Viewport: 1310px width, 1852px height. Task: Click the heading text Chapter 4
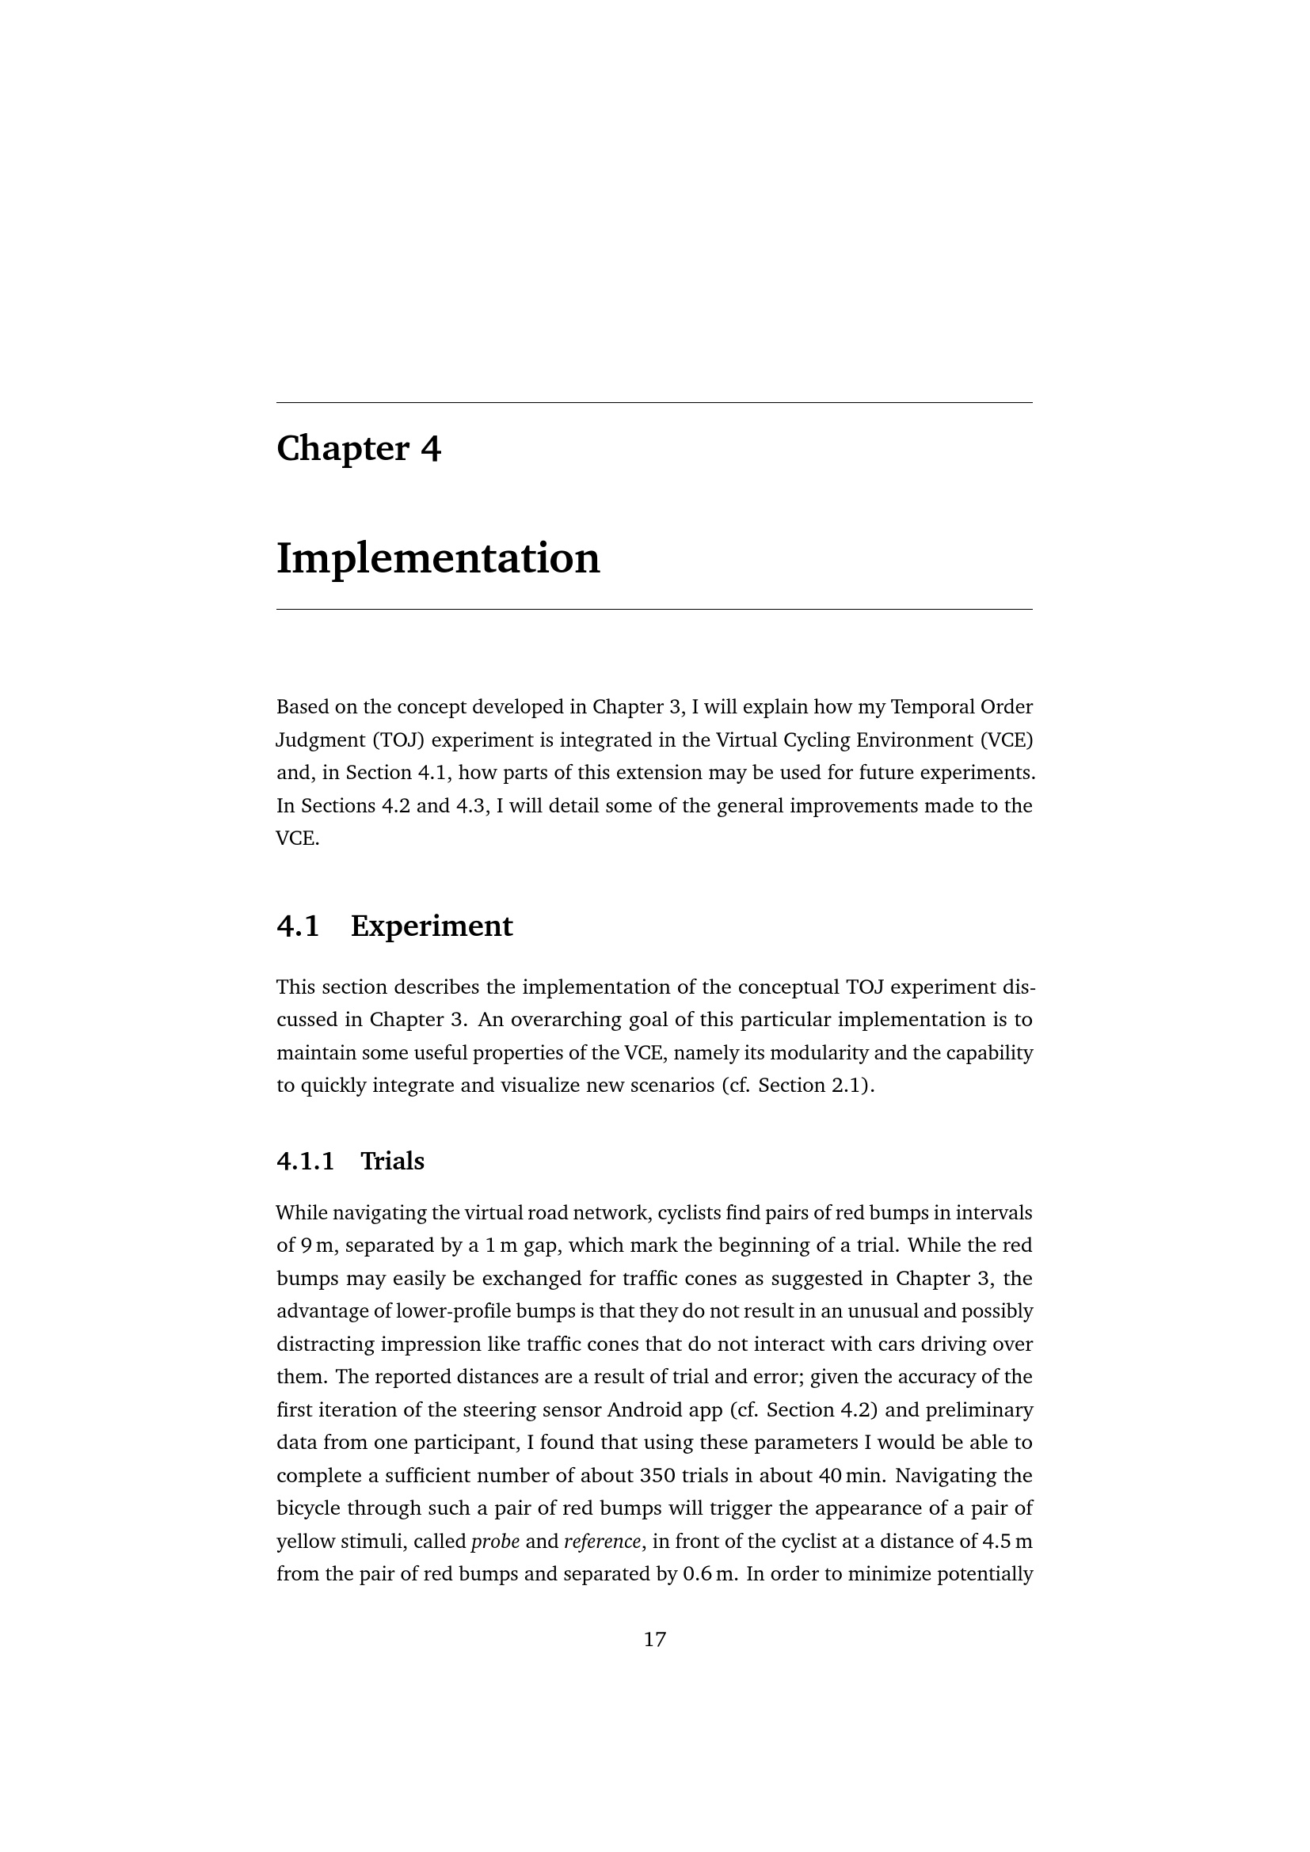pyautogui.click(x=358, y=448)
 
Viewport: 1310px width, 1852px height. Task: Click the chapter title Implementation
pyautogui.click(x=438, y=558)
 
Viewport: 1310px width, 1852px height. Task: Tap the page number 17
pyautogui.click(x=654, y=1639)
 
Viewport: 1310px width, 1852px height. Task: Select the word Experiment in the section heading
pyautogui.click(x=432, y=926)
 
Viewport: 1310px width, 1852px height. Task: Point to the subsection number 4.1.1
pyautogui.click(x=305, y=1161)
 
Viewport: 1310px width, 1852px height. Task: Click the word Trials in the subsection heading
pyautogui.click(x=392, y=1161)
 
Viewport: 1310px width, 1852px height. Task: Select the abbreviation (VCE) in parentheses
pyautogui.click(x=1007, y=740)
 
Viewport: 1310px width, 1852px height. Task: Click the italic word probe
pyautogui.click(x=495, y=1542)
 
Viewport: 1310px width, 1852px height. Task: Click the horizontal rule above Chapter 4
pyautogui.click(x=654, y=402)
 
